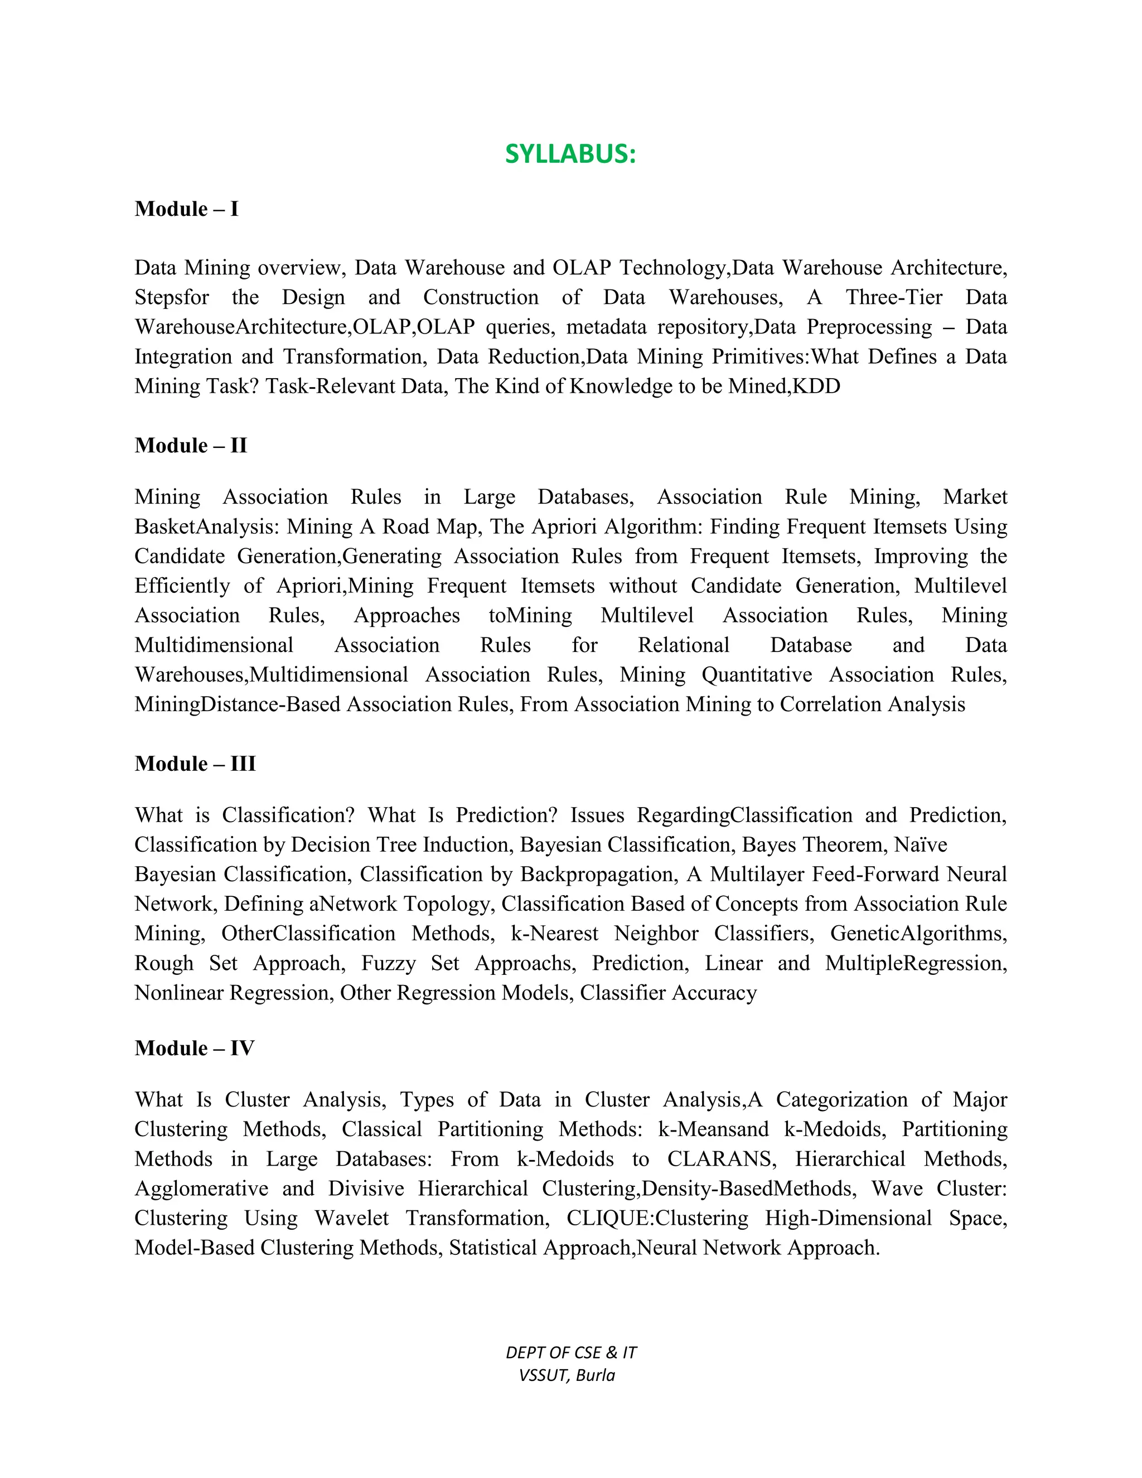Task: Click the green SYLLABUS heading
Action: (570, 154)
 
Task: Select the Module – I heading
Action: (187, 209)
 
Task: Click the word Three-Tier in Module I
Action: (894, 297)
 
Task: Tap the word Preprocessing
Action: (869, 327)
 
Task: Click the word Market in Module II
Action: (975, 497)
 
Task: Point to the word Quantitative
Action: (756, 675)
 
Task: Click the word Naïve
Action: (920, 844)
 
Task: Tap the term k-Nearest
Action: (554, 934)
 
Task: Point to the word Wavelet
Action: (352, 1218)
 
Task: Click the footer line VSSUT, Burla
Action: (567, 1375)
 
